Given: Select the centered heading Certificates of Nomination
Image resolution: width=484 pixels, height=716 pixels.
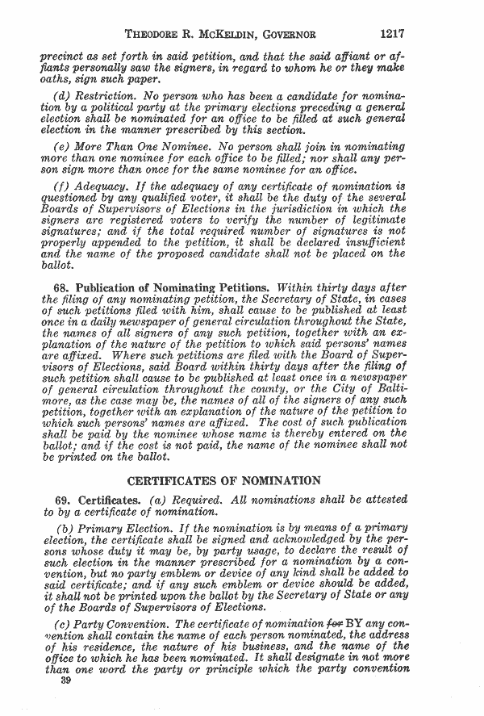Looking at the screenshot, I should [224, 482].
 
